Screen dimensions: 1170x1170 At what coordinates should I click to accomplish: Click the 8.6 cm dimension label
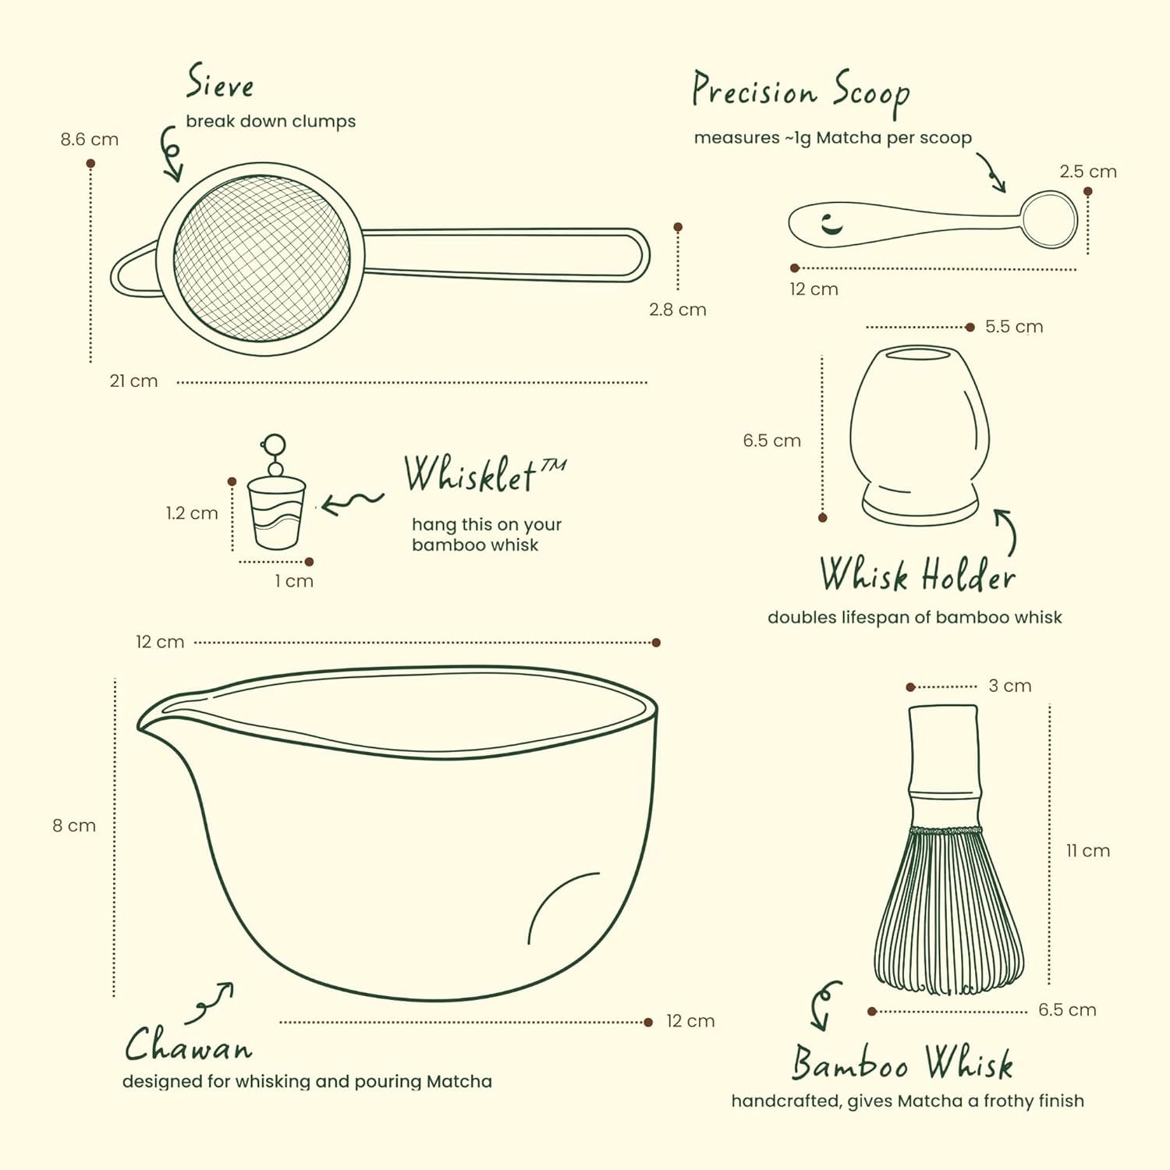tap(90, 140)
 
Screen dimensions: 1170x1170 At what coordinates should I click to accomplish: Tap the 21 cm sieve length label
tap(133, 381)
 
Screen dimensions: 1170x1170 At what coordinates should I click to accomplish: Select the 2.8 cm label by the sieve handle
tap(678, 310)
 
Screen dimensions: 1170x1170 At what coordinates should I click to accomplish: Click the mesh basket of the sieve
tap(262, 258)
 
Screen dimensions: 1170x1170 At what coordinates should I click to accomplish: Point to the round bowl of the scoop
tap(1049, 221)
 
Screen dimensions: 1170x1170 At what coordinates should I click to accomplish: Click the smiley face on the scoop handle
tap(832, 222)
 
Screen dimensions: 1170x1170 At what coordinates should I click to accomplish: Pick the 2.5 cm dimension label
tap(1088, 172)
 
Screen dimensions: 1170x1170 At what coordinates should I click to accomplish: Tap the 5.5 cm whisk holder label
tap(1014, 327)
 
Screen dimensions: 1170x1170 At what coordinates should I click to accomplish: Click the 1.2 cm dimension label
tap(192, 513)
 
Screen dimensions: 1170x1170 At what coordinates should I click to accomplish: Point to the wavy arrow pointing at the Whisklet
tap(353, 502)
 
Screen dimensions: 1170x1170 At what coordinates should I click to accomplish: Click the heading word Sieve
tap(220, 82)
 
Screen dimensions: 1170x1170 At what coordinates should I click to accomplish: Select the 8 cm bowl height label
tap(74, 826)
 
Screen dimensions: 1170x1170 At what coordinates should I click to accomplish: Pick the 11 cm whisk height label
tap(1088, 851)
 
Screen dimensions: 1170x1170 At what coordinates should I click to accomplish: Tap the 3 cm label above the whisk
tap(1010, 686)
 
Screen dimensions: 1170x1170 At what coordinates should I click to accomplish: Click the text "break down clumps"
tap(271, 122)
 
